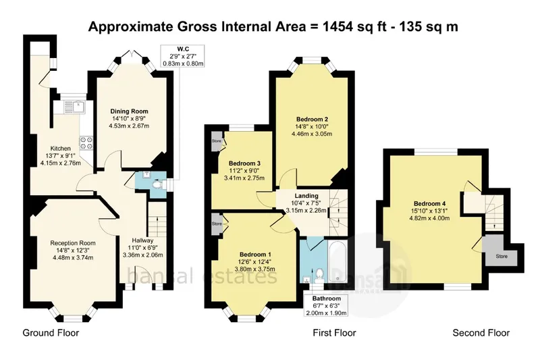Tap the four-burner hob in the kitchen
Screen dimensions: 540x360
(x=86, y=143)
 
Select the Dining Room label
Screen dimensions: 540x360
(x=129, y=111)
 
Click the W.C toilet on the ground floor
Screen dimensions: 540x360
(x=157, y=184)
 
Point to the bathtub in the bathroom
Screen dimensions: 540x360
(x=337, y=261)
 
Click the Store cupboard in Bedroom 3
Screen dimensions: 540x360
(x=217, y=141)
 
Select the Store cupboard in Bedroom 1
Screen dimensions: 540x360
(x=217, y=224)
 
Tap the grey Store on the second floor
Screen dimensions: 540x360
(x=500, y=251)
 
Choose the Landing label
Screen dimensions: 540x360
(x=306, y=196)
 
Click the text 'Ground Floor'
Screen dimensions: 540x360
(x=51, y=333)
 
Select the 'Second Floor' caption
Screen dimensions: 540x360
(x=481, y=333)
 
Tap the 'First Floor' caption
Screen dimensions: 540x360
(x=334, y=333)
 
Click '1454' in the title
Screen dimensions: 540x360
(x=336, y=26)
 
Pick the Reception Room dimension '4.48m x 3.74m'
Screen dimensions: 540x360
(x=73, y=257)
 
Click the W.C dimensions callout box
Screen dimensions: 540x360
(x=182, y=56)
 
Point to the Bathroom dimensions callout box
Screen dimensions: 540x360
(x=327, y=305)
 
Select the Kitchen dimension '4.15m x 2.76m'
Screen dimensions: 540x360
(x=61, y=163)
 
